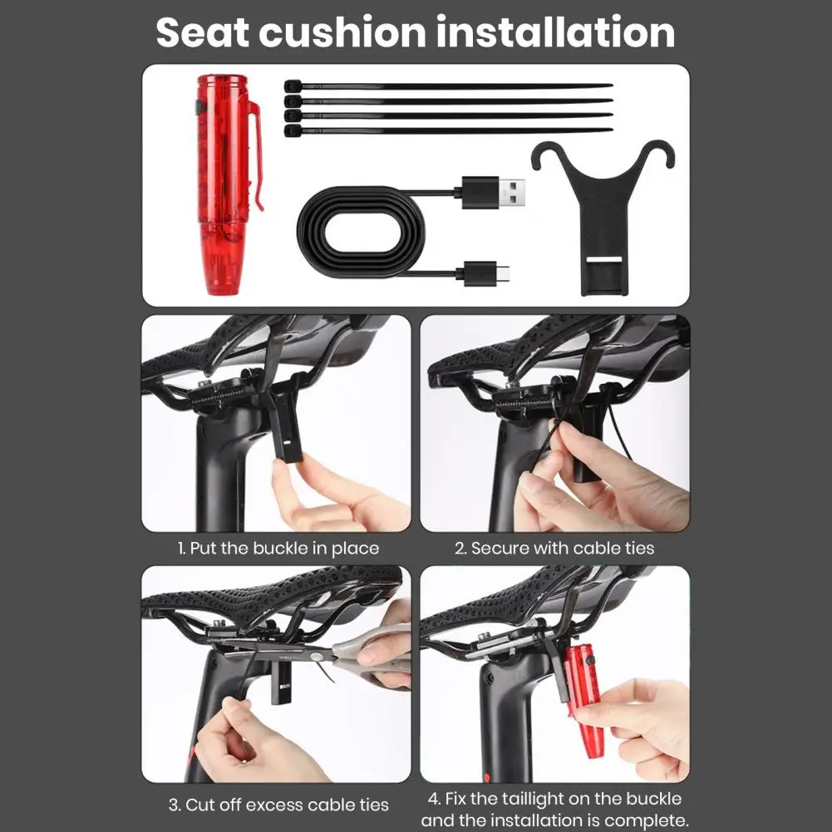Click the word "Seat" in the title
coord(202,32)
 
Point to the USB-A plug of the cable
coord(494,192)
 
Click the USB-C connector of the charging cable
coord(486,273)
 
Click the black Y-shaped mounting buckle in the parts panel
coord(603,217)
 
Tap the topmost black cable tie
coord(448,86)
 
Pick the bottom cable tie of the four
coord(448,130)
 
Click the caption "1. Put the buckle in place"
coord(278,548)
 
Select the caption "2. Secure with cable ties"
coord(554,548)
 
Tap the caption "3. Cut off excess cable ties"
coord(278,805)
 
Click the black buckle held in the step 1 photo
coord(287,419)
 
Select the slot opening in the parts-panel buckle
coord(603,259)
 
